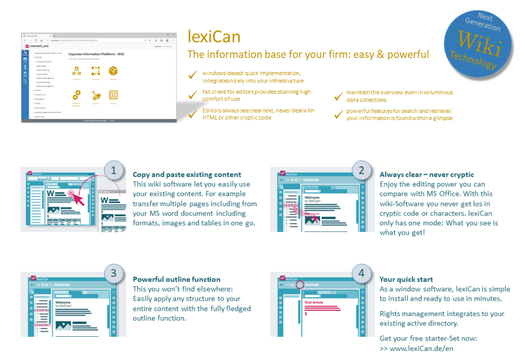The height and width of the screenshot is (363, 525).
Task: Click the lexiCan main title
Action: pos(214,37)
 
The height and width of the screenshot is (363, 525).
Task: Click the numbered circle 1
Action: pos(114,170)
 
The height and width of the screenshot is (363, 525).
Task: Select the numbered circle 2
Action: pos(361,170)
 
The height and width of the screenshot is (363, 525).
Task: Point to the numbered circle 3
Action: pos(114,273)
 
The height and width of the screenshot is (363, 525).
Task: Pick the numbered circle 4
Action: pos(361,273)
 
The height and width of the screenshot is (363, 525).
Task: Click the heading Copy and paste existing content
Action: pos(186,175)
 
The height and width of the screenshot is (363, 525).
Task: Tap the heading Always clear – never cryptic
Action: pos(427,175)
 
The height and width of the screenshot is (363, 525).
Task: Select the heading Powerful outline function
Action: pos(177,279)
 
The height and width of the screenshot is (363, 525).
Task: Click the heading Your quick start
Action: pos(406,279)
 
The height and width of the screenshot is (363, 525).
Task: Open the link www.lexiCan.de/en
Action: pos(421,348)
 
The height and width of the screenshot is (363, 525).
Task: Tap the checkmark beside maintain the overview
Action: pos(337,97)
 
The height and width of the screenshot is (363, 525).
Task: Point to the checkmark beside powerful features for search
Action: pos(337,114)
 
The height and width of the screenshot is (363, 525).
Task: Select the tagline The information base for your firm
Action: pos(308,55)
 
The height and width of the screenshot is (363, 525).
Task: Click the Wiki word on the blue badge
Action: pos(479,44)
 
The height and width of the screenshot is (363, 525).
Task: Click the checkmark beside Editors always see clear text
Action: pos(192,114)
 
